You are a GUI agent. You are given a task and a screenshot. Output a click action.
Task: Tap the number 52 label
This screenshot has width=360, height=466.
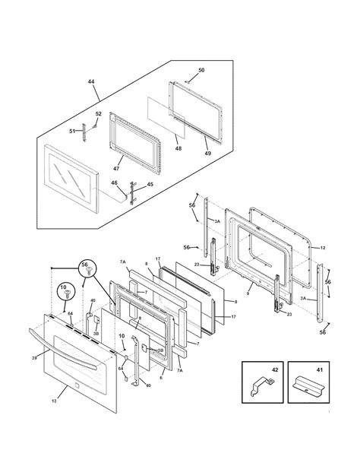[97, 115]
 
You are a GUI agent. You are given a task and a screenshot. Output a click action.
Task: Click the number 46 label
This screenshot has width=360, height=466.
[115, 182]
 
